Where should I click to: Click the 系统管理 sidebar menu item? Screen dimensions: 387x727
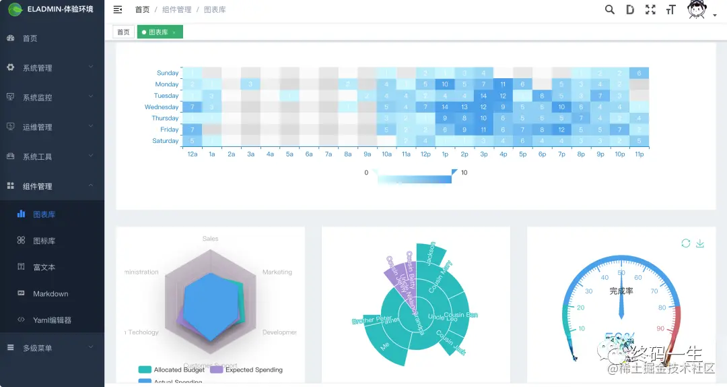37,68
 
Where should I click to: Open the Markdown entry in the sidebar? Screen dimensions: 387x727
50,294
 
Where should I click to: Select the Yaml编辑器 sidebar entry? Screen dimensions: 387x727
52,320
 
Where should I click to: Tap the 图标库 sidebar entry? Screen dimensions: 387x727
44,241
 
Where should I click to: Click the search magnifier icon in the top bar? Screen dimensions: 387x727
610,9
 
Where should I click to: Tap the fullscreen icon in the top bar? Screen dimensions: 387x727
650,9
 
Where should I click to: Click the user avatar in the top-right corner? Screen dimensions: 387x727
697,9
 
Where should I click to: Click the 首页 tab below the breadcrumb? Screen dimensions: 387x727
123,32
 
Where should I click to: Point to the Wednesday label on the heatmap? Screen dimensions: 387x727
162,107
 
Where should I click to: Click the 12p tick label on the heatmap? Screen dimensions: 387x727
425,154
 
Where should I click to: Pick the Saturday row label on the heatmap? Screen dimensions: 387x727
166,141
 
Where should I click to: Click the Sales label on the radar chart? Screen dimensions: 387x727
210,239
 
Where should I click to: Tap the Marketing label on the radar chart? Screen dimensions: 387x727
277,272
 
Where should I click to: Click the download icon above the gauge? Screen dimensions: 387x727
700,243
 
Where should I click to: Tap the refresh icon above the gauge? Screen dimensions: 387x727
685,243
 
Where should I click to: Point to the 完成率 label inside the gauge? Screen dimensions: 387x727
621,291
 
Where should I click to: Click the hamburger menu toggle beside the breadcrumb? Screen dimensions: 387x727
118,9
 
